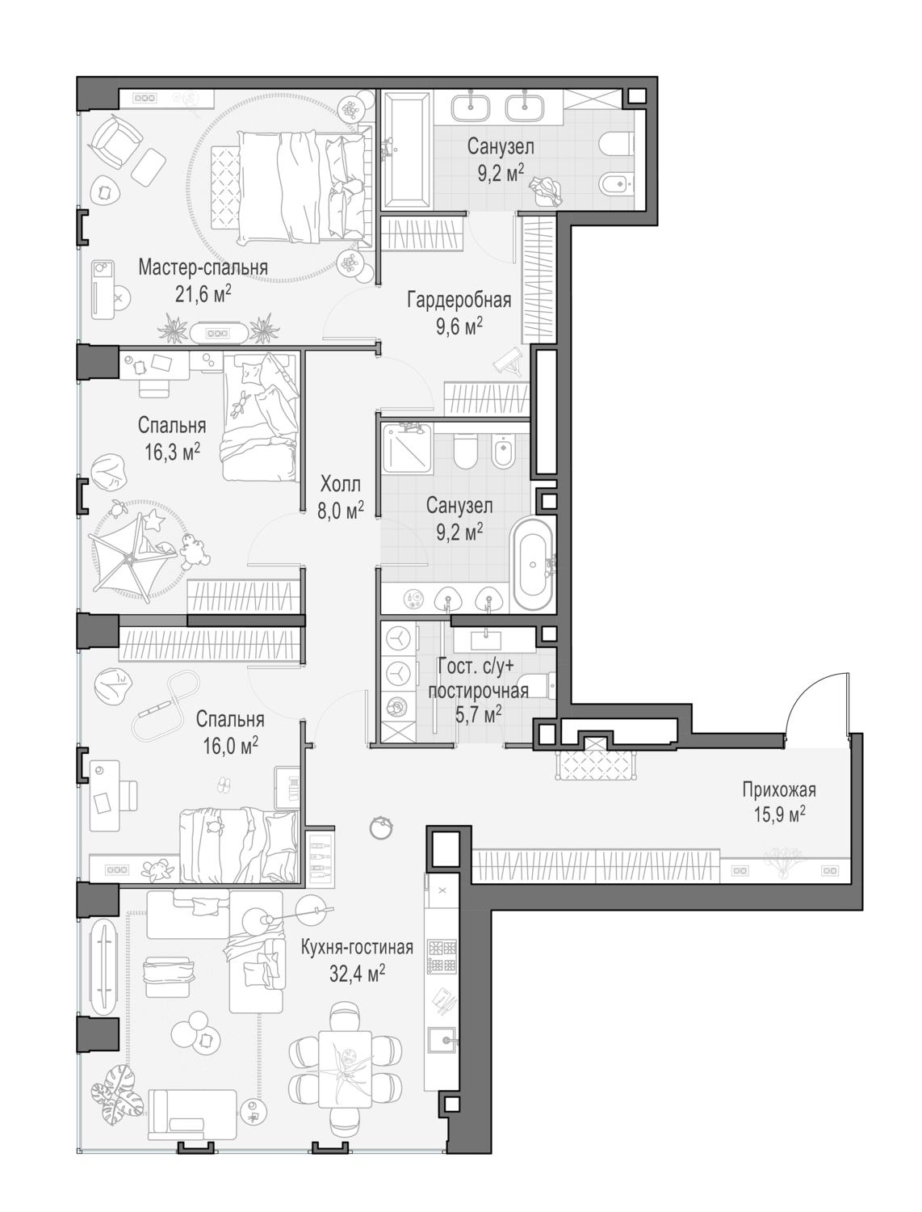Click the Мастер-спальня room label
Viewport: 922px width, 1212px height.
[x=203, y=267]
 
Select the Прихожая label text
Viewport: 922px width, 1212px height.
[x=778, y=790]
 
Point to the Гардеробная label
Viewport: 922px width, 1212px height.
[x=459, y=301]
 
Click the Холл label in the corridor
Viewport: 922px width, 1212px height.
[x=341, y=484]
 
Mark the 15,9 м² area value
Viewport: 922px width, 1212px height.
[x=779, y=814]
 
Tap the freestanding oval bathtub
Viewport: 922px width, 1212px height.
[x=533, y=563]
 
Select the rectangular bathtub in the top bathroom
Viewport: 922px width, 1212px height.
[x=408, y=150]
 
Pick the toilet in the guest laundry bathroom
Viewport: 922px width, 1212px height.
[x=537, y=685]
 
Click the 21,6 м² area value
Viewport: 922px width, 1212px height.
[x=203, y=293]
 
